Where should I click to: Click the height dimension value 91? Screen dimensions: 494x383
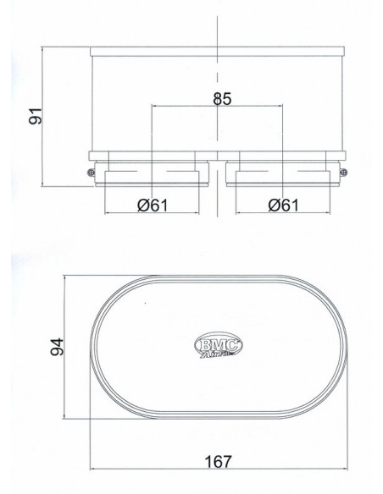coord(35,115)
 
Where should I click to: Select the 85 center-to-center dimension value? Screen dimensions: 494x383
coord(220,98)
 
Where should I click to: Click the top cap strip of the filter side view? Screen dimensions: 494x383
coord(218,50)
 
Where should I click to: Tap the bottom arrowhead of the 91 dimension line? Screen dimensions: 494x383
coord(45,182)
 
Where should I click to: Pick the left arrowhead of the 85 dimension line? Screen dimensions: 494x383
coord(153,107)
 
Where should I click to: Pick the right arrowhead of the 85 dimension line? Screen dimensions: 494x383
coord(283,107)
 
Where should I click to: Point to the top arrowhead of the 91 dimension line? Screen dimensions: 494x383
coord(45,49)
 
